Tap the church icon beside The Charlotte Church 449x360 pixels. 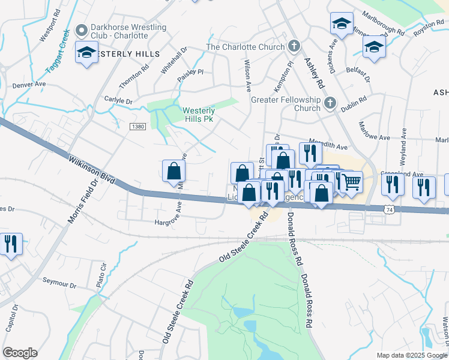click(294, 46)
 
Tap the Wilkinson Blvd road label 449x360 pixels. click(92, 170)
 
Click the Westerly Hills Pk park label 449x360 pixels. click(199, 115)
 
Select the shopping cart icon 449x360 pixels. click(351, 180)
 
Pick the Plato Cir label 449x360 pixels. click(102, 272)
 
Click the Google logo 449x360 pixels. click(20, 353)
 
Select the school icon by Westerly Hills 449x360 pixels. click(86, 53)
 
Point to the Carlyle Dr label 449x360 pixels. click(118, 101)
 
